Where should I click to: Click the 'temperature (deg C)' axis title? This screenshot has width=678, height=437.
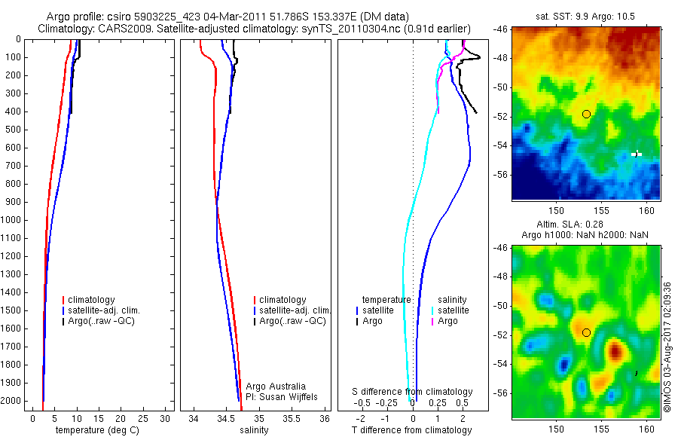[x=93, y=430]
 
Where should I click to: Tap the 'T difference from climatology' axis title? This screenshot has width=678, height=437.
[x=412, y=430]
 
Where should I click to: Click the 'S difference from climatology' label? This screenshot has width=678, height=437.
[x=413, y=392]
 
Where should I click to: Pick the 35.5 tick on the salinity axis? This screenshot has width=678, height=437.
[x=292, y=417]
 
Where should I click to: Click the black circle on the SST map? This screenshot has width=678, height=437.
[x=586, y=114]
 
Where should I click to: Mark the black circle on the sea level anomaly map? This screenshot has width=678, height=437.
[x=586, y=332]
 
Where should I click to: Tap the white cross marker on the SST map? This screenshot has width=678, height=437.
[x=637, y=154]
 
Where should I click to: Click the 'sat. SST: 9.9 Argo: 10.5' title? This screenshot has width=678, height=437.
[x=586, y=16]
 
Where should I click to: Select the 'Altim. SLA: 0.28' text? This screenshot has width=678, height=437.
[x=586, y=226]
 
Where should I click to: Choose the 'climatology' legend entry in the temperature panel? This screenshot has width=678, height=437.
[x=91, y=300]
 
